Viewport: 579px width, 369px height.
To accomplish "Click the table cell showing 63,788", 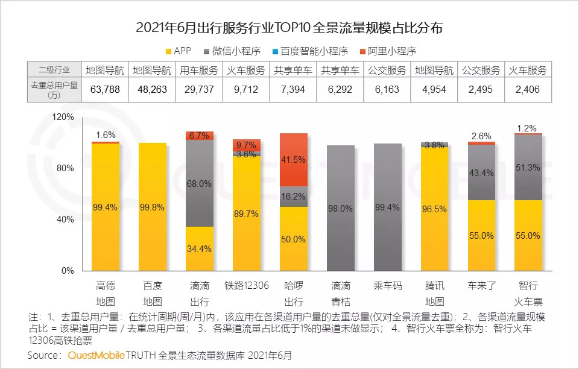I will click(105, 90).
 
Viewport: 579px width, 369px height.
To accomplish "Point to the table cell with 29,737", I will click(199, 90).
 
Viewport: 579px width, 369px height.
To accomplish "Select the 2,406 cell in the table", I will click(528, 90).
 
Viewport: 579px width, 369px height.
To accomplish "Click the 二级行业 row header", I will click(54, 70).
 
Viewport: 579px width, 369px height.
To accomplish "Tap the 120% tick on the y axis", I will click(63, 116).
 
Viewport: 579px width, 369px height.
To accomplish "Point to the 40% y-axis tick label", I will click(65, 219).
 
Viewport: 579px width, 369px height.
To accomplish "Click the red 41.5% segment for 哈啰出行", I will click(293, 160).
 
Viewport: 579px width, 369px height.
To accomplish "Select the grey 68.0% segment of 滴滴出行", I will click(199, 183).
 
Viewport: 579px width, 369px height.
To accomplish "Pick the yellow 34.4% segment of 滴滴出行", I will click(199, 248).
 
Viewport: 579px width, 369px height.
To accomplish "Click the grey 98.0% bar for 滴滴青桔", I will click(340, 208).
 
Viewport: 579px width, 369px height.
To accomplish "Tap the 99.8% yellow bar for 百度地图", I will click(152, 207).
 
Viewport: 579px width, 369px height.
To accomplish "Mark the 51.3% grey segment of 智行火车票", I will click(528, 168).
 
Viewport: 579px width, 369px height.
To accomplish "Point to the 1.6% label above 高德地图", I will click(105, 135).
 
